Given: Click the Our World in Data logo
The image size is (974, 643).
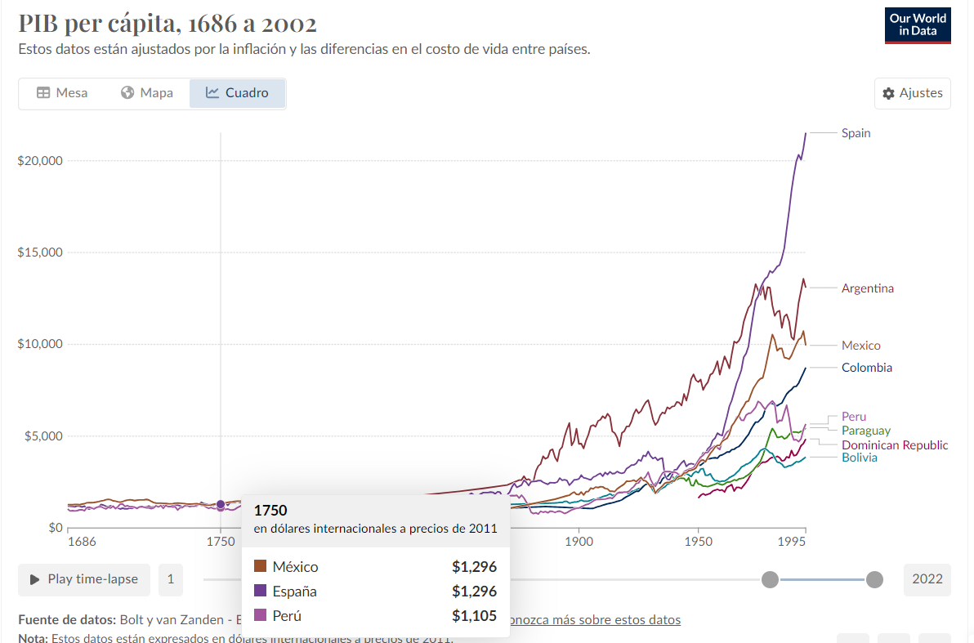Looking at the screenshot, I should click(x=918, y=25).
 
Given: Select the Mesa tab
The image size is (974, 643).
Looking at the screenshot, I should click(x=62, y=93).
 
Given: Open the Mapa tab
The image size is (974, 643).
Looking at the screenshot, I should click(x=147, y=93).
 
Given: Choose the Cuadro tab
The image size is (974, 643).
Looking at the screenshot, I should click(x=237, y=93).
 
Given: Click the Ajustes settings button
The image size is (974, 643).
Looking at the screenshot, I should click(x=912, y=93).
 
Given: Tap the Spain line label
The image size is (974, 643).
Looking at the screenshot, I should click(x=856, y=133).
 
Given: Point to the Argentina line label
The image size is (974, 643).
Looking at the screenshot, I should click(x=867, y=288).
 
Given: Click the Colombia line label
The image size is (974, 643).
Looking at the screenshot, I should click(x=866, y=368).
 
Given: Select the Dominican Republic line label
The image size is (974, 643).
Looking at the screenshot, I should click(x=895, y=445).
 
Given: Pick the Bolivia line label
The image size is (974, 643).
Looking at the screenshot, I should click(x=859, y=458).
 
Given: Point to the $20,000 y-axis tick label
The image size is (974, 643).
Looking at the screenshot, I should click(x=40, y=160).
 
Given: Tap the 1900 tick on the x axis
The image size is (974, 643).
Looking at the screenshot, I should click(x=579, y=542).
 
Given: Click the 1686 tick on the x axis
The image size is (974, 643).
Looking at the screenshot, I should click(x=81, y=542).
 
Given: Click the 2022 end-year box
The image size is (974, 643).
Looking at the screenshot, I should click(x=927, y=579).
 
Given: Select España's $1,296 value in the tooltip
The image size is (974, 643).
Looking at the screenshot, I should click(x=474, y=592).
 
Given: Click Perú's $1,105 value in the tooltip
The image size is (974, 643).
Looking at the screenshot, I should click(x=474, y=616).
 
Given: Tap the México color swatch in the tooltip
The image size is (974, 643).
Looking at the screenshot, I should click(x=261, y=567).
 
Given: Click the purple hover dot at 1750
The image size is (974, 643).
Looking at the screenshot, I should click(x=221, y=504).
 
